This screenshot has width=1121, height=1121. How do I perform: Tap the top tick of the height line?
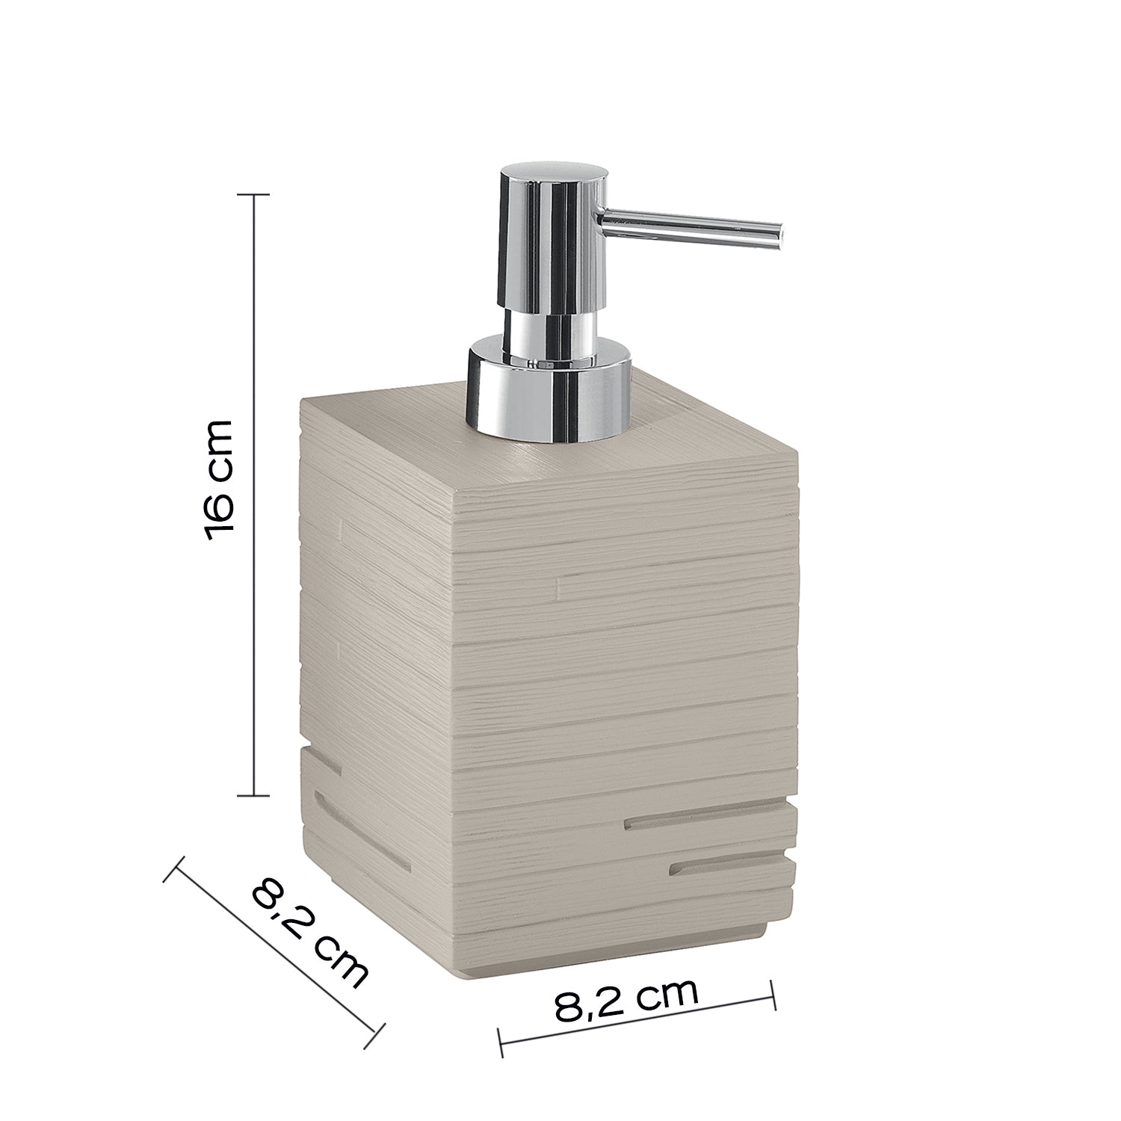click(x=252, y=195)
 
